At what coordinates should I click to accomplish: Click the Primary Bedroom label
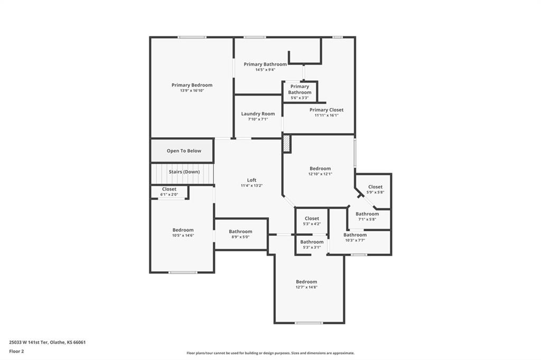pyautogui.click(x=192, y=85)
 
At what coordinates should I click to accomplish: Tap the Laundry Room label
pyautogui.click(x=258, y=114)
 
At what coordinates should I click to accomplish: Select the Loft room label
pyautogui.click(x=251, y=180)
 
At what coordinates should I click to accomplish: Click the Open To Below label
pyautogui.click(x=184, y=150)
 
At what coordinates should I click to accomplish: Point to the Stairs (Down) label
pyautogui.click(x=184, y=172)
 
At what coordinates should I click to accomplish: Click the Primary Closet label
pyautogui.click(x=327, y=110)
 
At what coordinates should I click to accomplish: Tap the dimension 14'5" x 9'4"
pyautogui.click(x=265, y=70)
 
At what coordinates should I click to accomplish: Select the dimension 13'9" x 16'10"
pyautogui.click(x=192, y=91)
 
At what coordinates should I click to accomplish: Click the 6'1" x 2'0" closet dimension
pyautogui.click(x=169, y=194)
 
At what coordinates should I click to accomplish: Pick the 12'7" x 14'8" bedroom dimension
pyautogui.click(x=306, y=287)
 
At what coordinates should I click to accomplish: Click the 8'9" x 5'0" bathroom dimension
pyautogui.click(x=240, y=237)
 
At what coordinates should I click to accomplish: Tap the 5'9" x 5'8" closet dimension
pyautogui.click(x=375, y=192)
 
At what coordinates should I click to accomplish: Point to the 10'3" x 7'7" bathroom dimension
pyautogui.click(x=355, y=240)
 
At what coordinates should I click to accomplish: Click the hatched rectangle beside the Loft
pyautogui.click(x=287, y=144)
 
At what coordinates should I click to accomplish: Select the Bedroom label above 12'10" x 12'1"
pyautogui.click(x=320, y=168)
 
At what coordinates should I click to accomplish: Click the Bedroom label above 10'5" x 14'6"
pyautogui.click(x=183, y=230)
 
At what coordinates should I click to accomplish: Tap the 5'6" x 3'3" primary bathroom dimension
pyautogui.click(x=300, y=98)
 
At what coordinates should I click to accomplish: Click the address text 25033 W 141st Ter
pyautogui.click(x=29, y=343)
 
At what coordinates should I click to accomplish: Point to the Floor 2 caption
pyautogui.click(x=16, y=352)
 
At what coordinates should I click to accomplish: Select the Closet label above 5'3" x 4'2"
pyautogui.click(x=312, y=219)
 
